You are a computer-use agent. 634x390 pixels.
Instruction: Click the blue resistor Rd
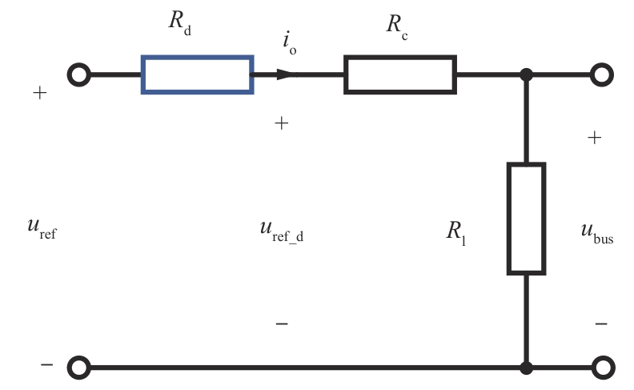198,74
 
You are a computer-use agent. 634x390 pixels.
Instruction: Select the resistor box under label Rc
400,74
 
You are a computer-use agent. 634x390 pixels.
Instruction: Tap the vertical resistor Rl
526,218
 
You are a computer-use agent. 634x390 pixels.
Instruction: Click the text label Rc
396,25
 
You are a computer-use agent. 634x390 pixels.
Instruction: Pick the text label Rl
456,232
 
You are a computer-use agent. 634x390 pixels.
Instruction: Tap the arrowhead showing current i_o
287,74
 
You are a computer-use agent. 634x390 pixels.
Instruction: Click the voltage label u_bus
597,232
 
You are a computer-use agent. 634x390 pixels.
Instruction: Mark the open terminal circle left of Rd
78,74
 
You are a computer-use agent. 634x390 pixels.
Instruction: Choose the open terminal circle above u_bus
601,74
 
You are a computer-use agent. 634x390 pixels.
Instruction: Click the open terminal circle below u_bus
601,368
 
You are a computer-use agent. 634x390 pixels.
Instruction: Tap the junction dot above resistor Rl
526,74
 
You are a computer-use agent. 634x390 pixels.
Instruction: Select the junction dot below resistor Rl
526,368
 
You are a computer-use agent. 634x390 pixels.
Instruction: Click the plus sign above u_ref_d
282,123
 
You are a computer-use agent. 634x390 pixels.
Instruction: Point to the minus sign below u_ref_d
282,324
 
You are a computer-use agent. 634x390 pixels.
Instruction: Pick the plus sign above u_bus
594,138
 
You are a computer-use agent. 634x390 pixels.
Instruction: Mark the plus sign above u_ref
40,93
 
